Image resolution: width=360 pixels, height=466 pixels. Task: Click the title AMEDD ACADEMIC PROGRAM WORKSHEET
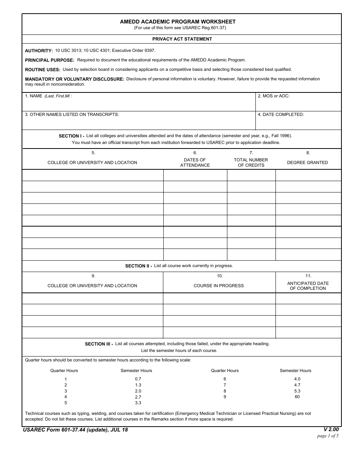point(178,22)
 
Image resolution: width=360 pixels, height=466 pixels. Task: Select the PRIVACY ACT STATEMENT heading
point(182,39)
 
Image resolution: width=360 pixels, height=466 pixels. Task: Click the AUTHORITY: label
point(39,51)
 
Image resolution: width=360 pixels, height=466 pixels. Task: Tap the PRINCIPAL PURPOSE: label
point(50,60)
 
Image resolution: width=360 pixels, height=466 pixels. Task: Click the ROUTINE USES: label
point(42,70)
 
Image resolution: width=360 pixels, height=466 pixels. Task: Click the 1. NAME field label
point(34,96)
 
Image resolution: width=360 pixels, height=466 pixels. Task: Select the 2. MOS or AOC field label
point(274,96)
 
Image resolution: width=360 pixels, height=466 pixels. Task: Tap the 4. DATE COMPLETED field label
point(281,114)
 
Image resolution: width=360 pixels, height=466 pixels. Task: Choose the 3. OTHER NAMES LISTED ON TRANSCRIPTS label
point(72,114)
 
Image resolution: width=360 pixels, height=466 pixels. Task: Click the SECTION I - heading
point(72,136)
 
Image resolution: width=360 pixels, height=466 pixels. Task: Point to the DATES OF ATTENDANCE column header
point(195,163)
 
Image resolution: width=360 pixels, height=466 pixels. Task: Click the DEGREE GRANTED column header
point(307,163)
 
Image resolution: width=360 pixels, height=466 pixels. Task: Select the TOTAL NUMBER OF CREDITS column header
point(251,163)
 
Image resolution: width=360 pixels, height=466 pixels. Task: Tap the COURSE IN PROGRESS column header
point(219,286)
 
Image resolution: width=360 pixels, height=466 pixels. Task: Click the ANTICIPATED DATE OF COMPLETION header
point(308,286)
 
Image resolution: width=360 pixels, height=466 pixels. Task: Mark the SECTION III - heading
point(99,344)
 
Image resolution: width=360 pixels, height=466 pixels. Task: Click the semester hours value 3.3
point(138,403)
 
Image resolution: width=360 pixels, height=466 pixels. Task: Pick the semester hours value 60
point(297,397)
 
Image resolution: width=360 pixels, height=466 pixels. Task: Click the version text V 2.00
point(331,430)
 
